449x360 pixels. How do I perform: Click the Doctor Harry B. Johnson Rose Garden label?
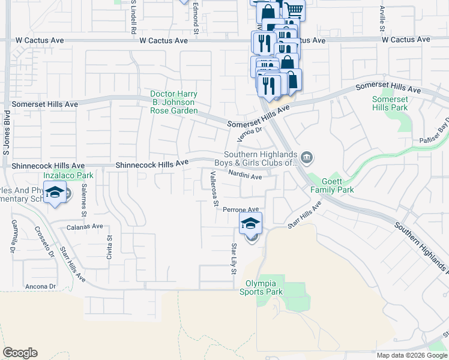point(173,103)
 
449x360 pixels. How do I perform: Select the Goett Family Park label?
point(332,185)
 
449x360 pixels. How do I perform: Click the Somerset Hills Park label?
point(390,103)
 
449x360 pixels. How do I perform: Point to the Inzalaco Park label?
point(68,176)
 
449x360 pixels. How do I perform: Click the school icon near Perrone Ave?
point(251,224)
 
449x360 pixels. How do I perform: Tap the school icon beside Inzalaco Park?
point(55,194)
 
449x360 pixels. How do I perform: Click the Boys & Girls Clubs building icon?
point(307,158)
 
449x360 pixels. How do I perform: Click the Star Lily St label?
point(234,259)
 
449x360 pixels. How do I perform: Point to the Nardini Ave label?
point(245,176)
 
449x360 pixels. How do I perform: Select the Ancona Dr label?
point(41,286)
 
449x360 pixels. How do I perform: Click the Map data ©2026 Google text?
point(411,355)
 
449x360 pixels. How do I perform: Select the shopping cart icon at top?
point(293,10)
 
